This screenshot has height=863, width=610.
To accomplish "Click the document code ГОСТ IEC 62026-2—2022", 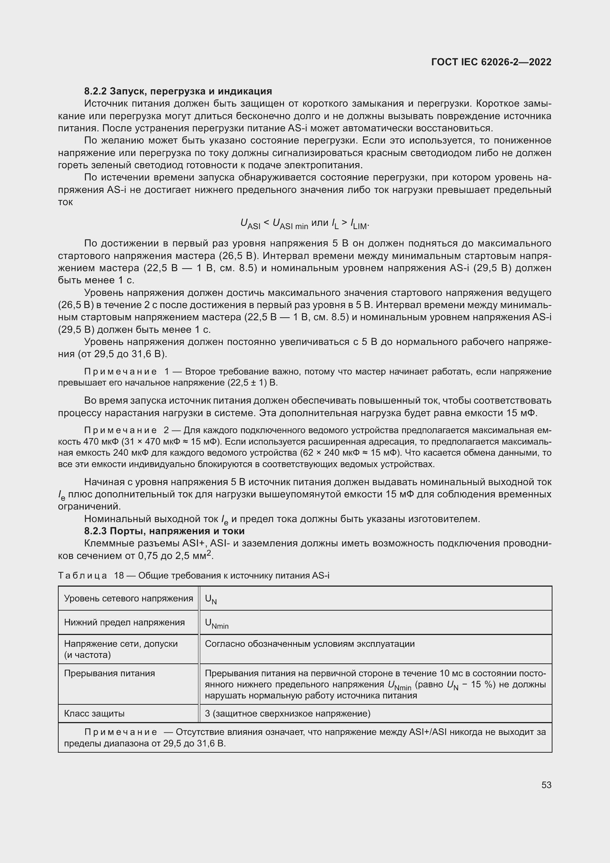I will click(x=491, y=62).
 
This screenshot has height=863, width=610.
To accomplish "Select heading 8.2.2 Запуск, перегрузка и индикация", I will click(x=178, y=91).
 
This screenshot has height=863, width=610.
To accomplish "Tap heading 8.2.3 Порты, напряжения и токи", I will click(x=164, y=531).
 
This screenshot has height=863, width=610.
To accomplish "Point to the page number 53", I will click(x=546, y=785).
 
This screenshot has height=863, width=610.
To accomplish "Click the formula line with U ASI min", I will click(x=305, y=224).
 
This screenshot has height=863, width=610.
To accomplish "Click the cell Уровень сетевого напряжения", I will click(x=128, y=598).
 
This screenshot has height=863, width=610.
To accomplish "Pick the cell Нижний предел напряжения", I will click(x=124, y=622).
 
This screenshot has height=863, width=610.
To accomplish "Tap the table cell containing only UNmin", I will click(x=217, y=624).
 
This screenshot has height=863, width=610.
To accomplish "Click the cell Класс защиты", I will click(x=94, y=714).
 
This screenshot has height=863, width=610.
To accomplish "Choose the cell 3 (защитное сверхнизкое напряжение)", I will click(x=288, y=714).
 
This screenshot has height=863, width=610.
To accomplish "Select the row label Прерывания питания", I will click(x=109, y=673).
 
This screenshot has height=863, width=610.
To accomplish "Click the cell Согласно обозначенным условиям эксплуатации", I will click(x=309, y=644).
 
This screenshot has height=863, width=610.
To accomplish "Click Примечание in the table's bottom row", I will click(x=121, y=732).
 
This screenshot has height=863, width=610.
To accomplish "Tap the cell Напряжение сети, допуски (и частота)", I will click(x=121, y=649).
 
